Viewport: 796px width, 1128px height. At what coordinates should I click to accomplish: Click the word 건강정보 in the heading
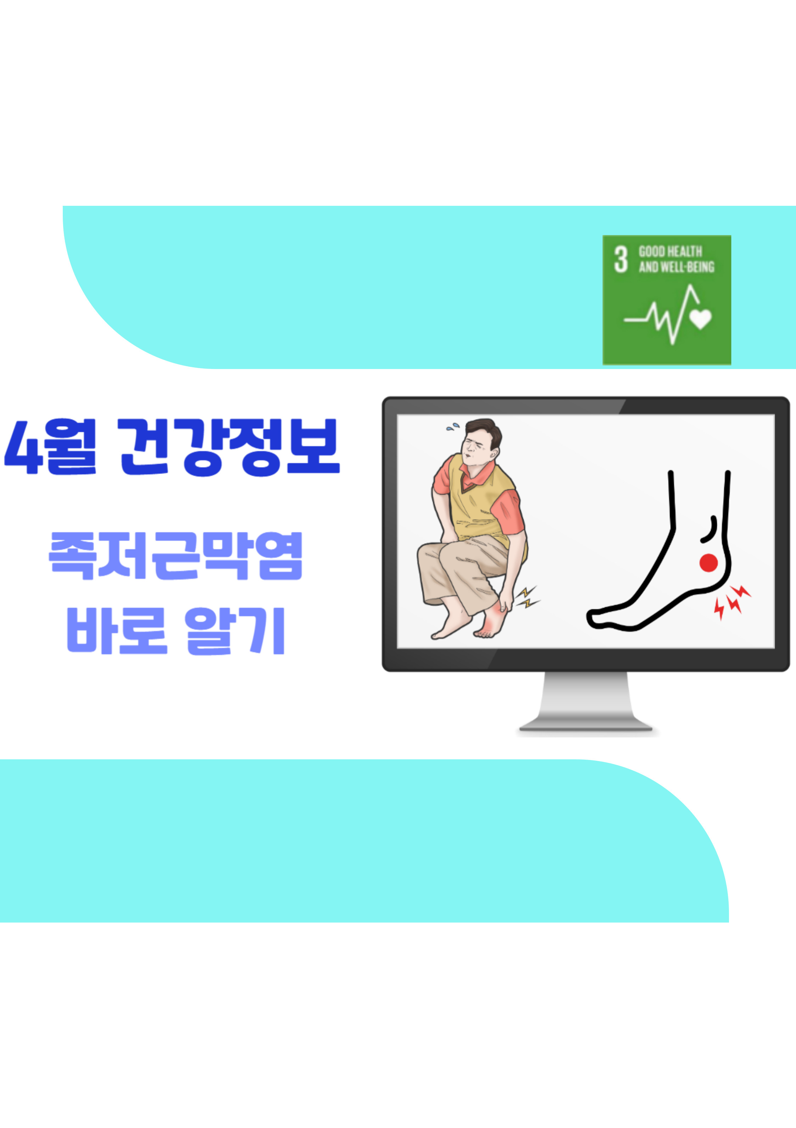tap(229, 447)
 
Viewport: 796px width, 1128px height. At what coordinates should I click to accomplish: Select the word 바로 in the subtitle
tap(117, 631)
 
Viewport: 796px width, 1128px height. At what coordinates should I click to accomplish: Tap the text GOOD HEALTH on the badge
tap(670, 252)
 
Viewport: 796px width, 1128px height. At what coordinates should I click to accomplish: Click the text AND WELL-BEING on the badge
tap(677, 267)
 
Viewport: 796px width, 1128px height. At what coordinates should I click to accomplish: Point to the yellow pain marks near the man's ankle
tap(528, 597)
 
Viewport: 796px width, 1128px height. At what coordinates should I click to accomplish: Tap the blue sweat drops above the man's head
tap(453, 427)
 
